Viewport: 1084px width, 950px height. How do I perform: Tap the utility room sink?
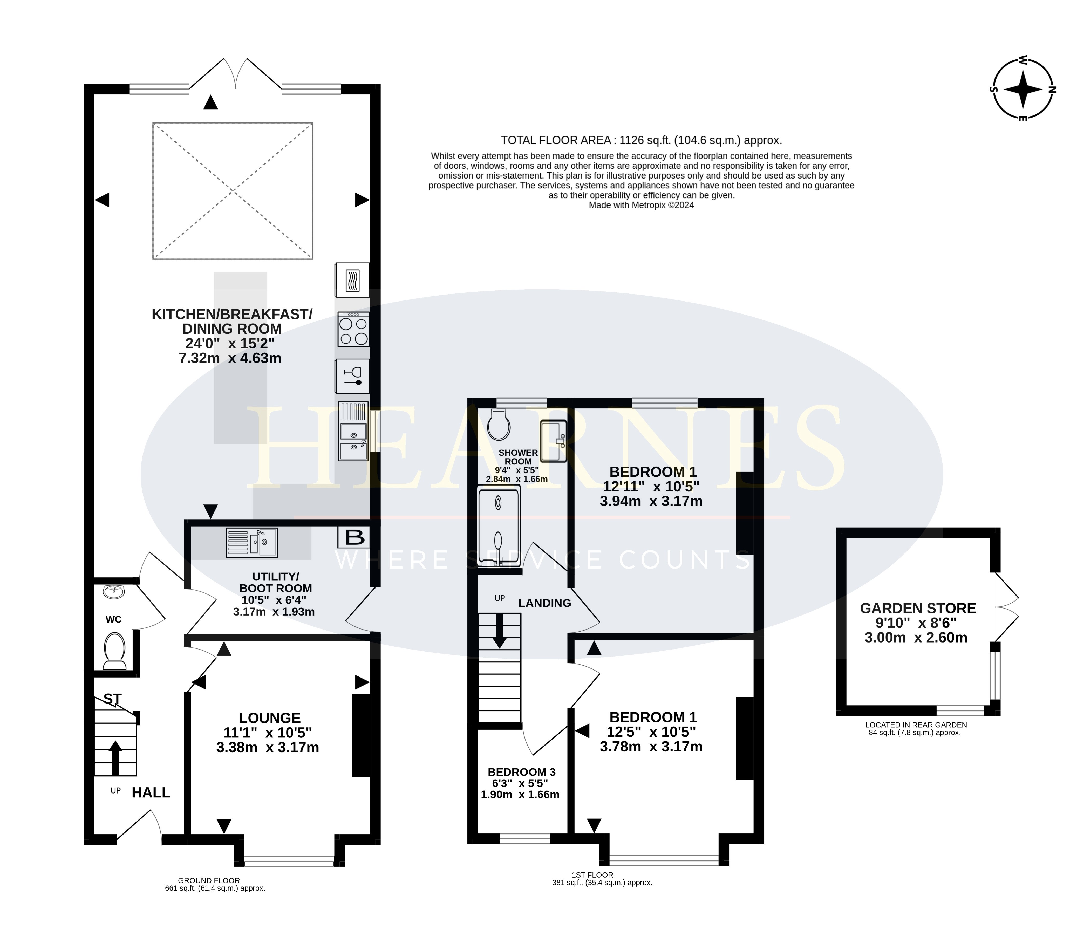(x=252, y=542)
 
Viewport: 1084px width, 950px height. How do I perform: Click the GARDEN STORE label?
(x=918, y=608)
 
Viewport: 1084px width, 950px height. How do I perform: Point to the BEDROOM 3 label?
(x=522, y=772)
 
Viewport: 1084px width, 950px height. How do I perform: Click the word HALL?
(x=151, y=792)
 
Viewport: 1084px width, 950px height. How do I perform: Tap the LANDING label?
(x=544, y=603)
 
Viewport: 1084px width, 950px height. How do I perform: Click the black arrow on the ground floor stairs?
(x=115, y=758)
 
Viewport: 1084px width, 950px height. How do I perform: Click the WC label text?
(x=113, y=619)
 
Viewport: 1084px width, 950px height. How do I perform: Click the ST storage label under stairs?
(x=112, y=699)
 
